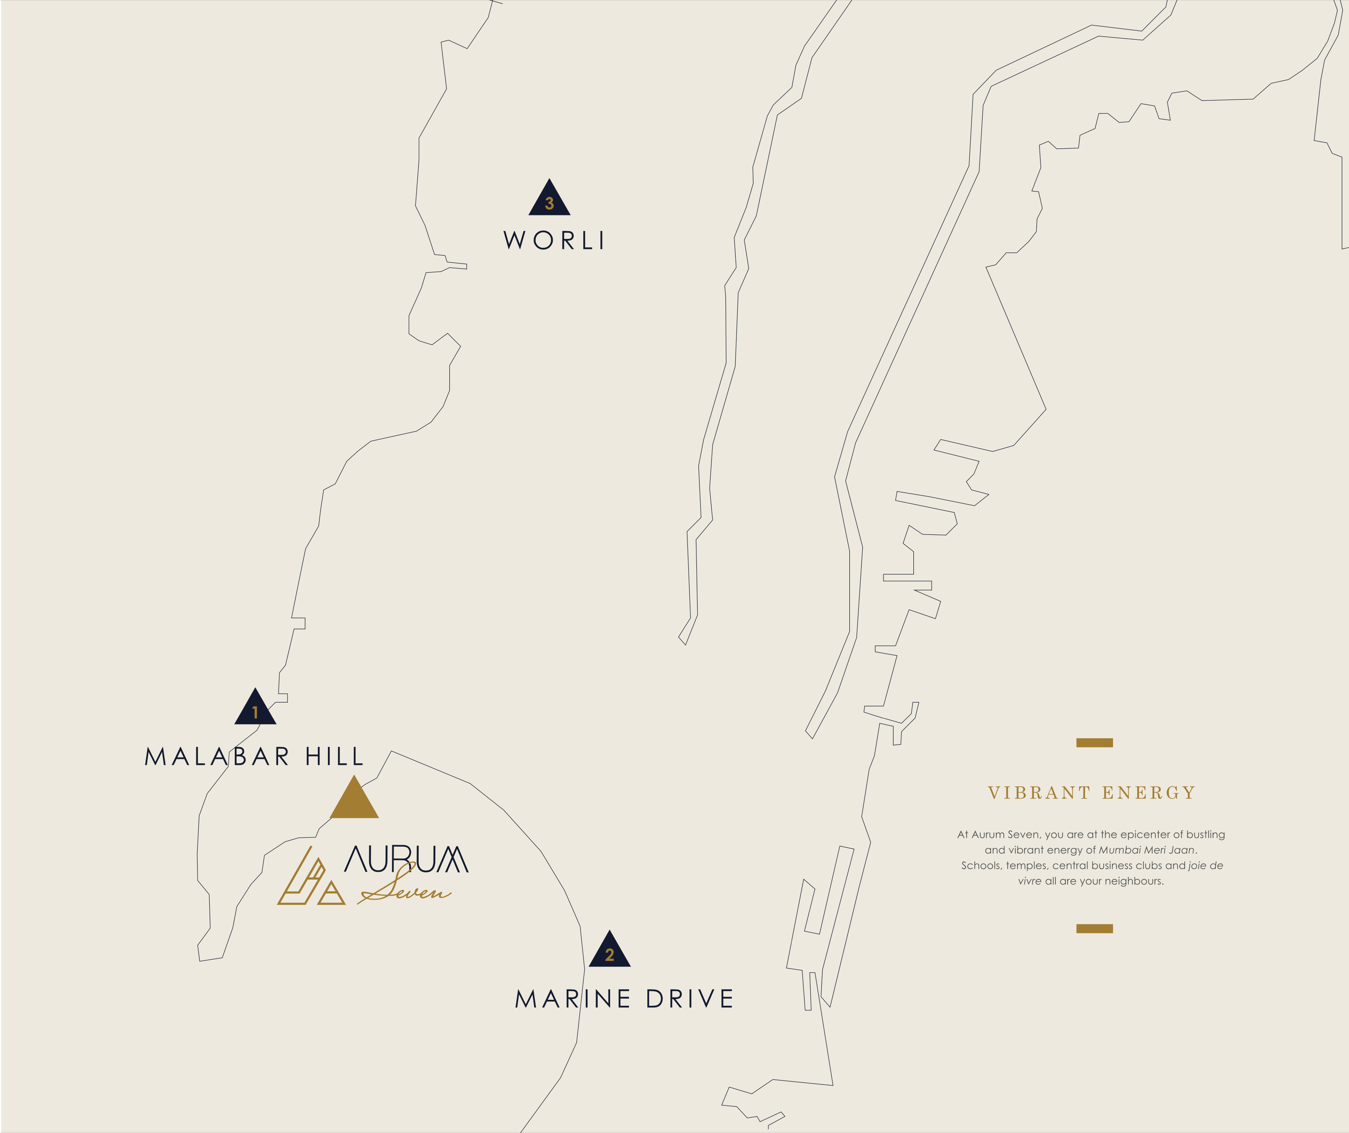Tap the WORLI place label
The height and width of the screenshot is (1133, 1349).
554,241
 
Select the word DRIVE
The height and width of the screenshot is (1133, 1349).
689,999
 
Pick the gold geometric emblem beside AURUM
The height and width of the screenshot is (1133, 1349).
310,879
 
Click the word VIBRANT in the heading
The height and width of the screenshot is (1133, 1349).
1039,793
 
